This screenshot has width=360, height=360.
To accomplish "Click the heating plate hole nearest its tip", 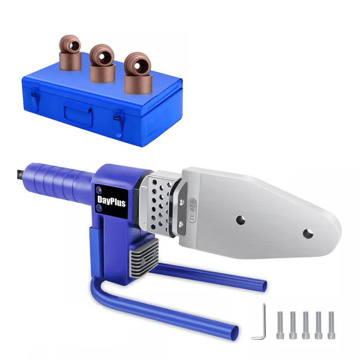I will click(x=306, y=234).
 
